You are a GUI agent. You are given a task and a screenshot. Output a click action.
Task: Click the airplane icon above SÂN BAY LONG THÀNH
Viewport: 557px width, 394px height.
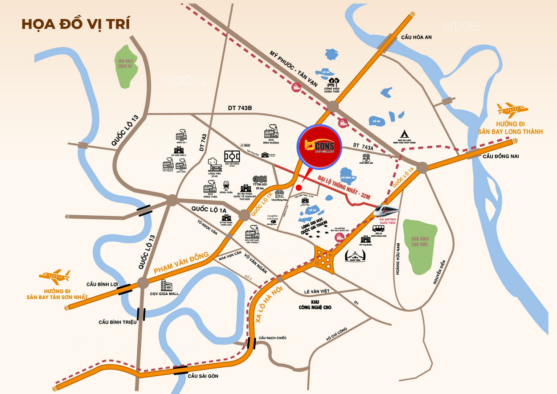click(512, 109)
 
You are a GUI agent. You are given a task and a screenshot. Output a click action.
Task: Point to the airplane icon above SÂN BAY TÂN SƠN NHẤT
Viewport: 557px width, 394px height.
click(54, 276)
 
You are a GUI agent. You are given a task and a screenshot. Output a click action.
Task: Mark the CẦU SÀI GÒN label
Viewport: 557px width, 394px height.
click(203, 376)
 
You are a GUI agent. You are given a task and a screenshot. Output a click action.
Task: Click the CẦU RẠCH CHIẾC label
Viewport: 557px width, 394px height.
click(272, 338)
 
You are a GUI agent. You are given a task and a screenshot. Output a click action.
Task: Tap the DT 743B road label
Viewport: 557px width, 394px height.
click(240, 108)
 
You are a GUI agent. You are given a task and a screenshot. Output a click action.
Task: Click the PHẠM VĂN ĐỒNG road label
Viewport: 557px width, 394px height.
click(181, 263)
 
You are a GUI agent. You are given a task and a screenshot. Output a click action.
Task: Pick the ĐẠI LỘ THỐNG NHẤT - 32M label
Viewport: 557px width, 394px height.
click(345, 187)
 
